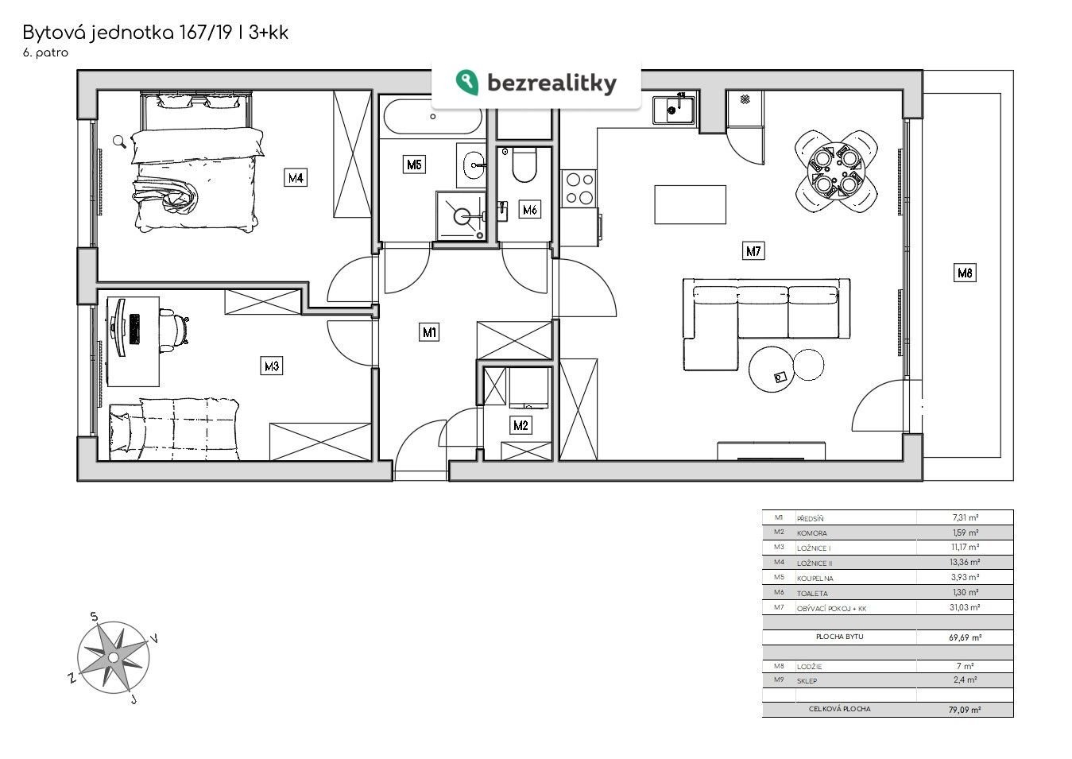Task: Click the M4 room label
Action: [x=296, y=178]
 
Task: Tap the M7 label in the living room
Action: [x=753, y=251]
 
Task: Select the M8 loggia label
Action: [x=964, y=273]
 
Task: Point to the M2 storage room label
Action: [x=521, y=425]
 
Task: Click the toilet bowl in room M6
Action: [x=524, y=165]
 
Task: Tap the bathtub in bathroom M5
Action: [x=432, y=117]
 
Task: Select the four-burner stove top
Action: [x=579, y=188]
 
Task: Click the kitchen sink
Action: [x=674, y=110]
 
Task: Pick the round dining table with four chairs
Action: [x=835, y=172]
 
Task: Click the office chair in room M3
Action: [x=175, y=327]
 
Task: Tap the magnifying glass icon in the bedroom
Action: [x=119, y=141]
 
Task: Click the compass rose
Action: [x=114, y=657]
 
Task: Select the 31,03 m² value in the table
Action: [x=964, y=607]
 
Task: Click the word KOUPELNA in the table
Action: [x=815, y=578]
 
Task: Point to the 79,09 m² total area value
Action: [x=964, y=709]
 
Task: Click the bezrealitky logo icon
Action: [x=466, y=83]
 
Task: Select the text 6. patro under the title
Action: [x=45, y=52]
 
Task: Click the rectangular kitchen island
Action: [x=690, y=204]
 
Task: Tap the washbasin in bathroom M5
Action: [x=472, y=165]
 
